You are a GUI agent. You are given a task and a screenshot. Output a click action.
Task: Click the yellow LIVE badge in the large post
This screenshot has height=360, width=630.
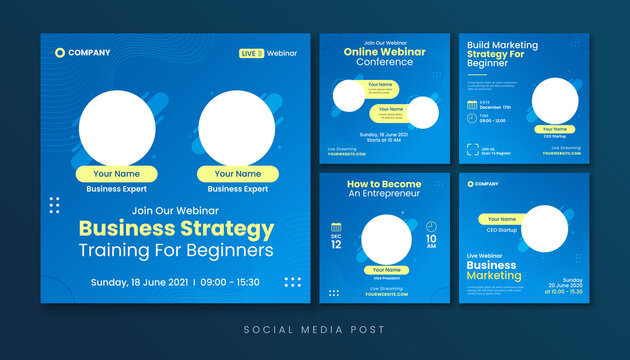(x=251, y=53)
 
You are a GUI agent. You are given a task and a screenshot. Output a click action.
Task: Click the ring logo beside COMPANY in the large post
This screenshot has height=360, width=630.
(x=60, y=53)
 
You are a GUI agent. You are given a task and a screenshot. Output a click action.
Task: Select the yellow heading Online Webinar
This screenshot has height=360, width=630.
(x=384, y=51)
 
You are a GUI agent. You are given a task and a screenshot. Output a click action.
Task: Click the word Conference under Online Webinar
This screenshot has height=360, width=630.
(x=384, y=62)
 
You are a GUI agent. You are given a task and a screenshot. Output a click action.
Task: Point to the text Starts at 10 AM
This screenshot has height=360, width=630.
(x=384, y=139)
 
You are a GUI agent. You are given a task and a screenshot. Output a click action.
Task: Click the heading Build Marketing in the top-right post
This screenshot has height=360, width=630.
(x=503, y=46)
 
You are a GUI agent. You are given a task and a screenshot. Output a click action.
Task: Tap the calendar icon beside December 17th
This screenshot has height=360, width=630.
(x=472, y=103)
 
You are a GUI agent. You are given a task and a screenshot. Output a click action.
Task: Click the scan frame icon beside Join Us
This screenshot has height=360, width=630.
(x=472, y=152)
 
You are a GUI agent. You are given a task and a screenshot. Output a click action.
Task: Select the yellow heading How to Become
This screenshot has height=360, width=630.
(x=384, y=184)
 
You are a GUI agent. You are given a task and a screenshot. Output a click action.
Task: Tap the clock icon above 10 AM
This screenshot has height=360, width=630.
(x=431, y=226)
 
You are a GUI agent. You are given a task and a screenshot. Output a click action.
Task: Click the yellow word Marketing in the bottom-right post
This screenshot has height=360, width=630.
(x=494, y=276)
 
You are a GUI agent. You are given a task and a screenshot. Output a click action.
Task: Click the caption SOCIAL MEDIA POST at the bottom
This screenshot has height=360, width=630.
(x=315, y=329)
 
